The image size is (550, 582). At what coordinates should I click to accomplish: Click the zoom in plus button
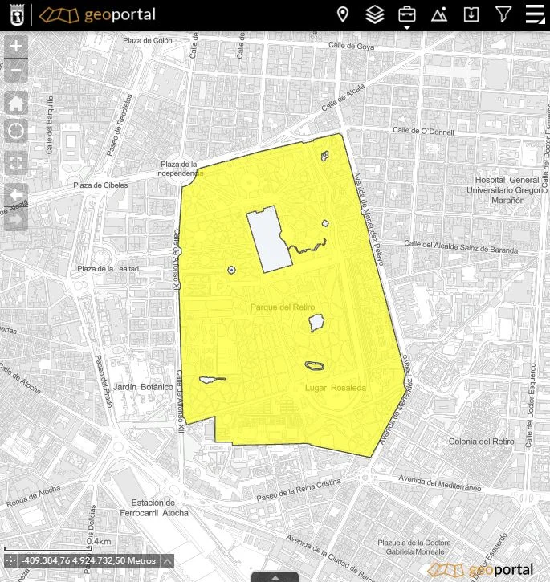coord(16,47)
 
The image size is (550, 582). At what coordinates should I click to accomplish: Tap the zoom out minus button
coord(16,71)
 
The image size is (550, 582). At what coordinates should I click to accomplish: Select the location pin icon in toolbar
coord(343,14)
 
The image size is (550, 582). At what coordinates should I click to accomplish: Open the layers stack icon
coord(375,14)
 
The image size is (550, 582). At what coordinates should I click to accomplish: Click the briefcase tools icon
coord(407,14)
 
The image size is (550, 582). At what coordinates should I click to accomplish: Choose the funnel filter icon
coord(503,14)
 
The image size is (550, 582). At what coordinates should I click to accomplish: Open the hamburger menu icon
coord(535,14)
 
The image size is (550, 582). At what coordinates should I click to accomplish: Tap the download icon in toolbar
coord(471,14)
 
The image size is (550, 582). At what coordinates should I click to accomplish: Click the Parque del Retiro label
coord(283,307)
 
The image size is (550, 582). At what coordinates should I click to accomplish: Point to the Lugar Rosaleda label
coord(336,388)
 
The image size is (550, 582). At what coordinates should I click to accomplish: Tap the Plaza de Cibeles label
coord(100,185)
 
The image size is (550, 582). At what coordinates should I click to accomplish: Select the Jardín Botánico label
coord(143,387)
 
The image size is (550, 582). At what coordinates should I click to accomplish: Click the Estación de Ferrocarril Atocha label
coord(153,507)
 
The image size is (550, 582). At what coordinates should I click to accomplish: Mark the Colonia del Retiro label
coord(482,442)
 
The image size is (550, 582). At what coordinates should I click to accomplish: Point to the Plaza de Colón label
coord(148,41)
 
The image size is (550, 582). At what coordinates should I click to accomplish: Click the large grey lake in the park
coord(268,239)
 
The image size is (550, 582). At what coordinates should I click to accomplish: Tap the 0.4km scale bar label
coord(99,542)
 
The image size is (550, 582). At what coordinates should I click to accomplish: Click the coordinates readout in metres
coord(89,560)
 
